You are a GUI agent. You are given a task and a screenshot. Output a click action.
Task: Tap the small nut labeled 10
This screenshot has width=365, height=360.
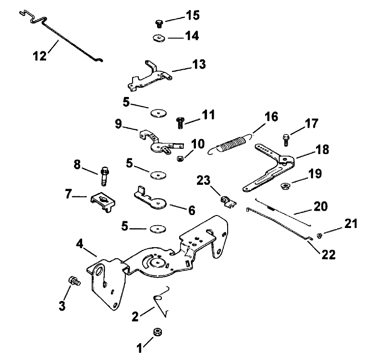180,158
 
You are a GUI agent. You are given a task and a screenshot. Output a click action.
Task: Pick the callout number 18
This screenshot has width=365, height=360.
323,150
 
